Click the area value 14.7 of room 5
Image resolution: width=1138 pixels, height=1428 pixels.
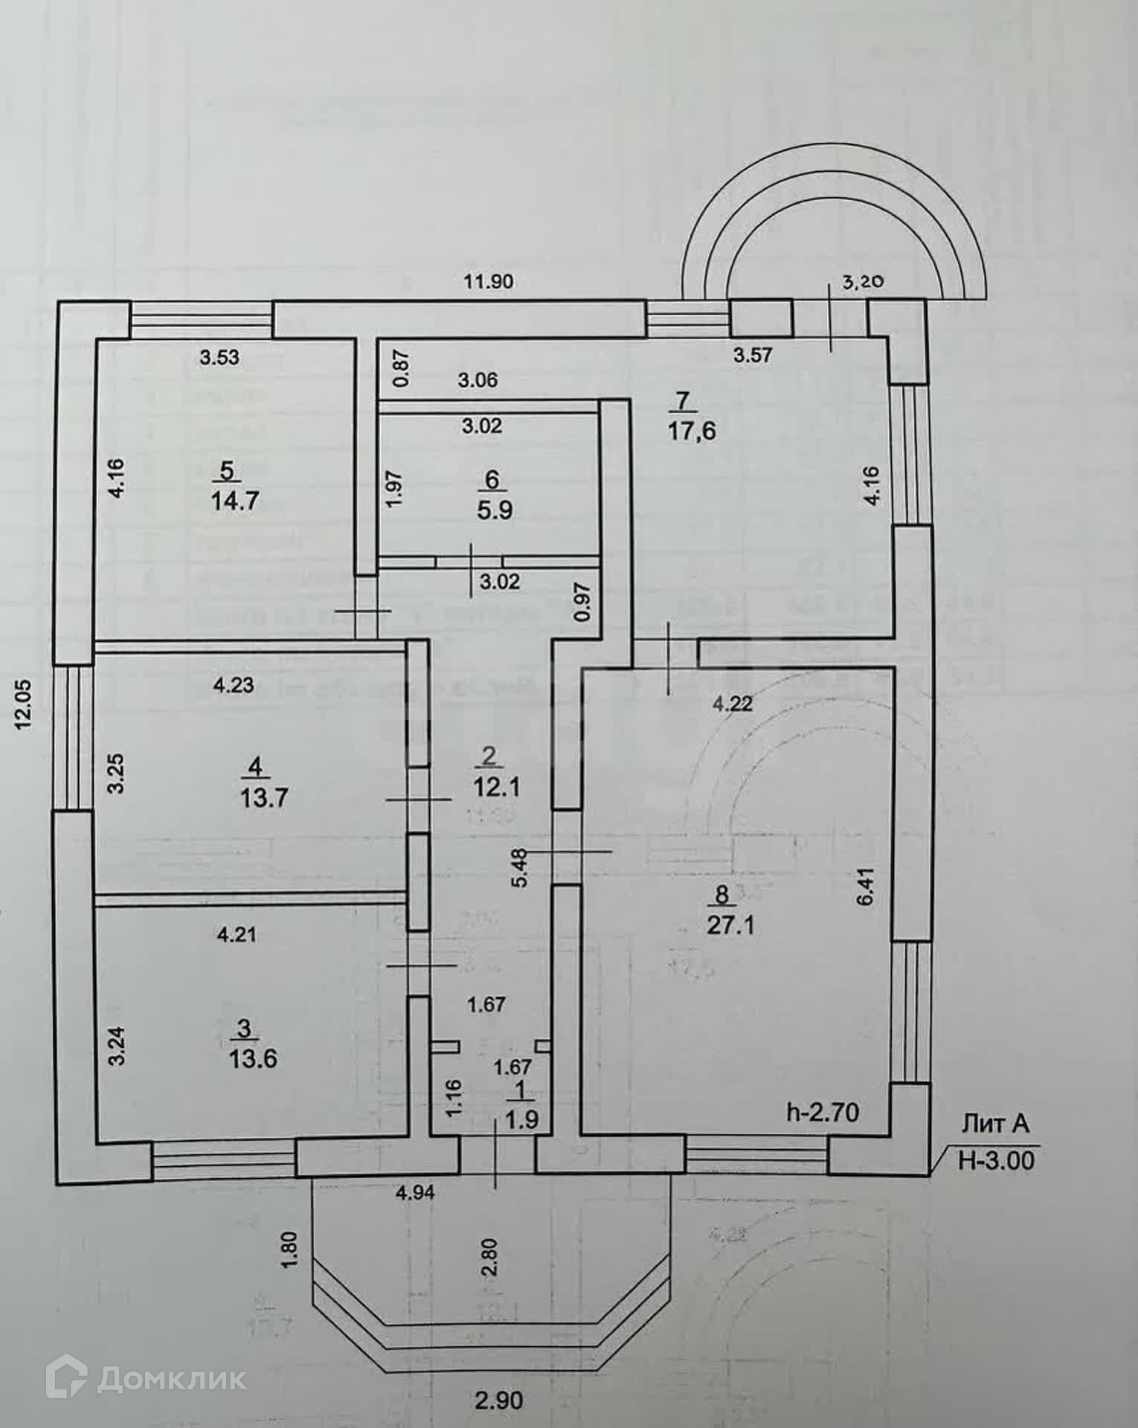click(x=235, y=501)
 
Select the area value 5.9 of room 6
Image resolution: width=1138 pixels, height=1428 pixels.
click(x=495, y=511)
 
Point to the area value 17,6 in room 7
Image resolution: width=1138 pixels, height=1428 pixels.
click(x=692, y=431)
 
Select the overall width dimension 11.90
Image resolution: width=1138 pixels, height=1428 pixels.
click(x=489, y=282)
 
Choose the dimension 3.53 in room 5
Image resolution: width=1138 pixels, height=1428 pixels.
click(x=220, y=358)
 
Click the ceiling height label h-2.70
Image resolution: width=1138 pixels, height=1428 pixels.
click(x=823, y=1113)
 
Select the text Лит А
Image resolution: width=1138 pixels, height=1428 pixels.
click(x=996, y=1125)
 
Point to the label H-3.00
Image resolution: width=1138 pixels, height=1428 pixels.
click(x=996, y=1161)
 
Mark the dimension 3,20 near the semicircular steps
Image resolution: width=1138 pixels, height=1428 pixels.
click(x=862, y=282)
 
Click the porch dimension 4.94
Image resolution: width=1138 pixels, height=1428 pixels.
click(x=414, y=1193)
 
